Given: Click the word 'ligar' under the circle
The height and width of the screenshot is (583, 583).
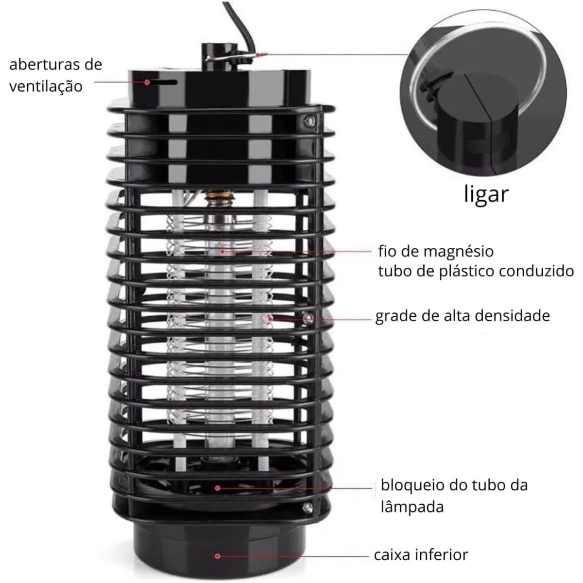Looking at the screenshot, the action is click(x=486, y=195).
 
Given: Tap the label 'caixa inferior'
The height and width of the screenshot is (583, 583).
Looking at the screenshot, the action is click(x=421, y=555).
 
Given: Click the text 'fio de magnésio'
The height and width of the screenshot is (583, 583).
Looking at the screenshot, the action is click(x=436, y=251).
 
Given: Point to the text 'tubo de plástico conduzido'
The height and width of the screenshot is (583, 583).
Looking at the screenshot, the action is click(x=476, y=272).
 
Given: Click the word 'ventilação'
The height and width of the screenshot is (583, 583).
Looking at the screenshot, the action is click(x=46, y=86).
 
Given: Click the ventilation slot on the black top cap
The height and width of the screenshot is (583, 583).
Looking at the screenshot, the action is click(x=161, y=82).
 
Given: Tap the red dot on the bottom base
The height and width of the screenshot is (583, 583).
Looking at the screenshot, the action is click(x=217, y=556).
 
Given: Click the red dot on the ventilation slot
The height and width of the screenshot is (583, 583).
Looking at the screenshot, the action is click(x=147, y=82).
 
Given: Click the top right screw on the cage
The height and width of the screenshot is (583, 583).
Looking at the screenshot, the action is click(x=310, y=121).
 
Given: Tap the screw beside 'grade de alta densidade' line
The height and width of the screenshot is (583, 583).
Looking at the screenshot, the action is click(x=309, y=318).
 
